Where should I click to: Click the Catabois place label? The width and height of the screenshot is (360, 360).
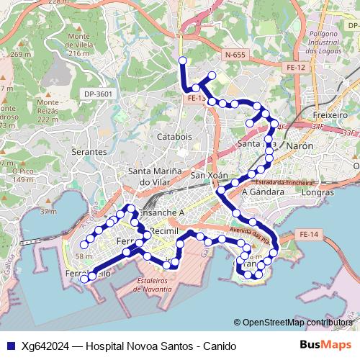(x=176, y=136)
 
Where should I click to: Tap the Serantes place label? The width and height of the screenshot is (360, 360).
(x=89, y=153)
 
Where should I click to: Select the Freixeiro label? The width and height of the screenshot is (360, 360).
(x=331, y=114)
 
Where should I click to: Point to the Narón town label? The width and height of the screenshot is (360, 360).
(x=300, y=145)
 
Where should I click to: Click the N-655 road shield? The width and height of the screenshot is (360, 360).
(x=235, y=55)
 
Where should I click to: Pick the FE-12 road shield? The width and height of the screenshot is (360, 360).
(x=296, y=67)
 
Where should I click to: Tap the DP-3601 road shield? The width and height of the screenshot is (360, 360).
(x=98, y=93)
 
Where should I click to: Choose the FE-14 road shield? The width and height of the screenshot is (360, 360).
(x=308, y=234)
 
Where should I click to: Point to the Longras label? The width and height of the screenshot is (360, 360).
(x=318, y=192)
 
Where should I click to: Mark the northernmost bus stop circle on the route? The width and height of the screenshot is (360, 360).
(x=182, y=60)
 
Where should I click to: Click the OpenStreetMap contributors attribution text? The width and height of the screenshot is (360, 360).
(x=297, y=323)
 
